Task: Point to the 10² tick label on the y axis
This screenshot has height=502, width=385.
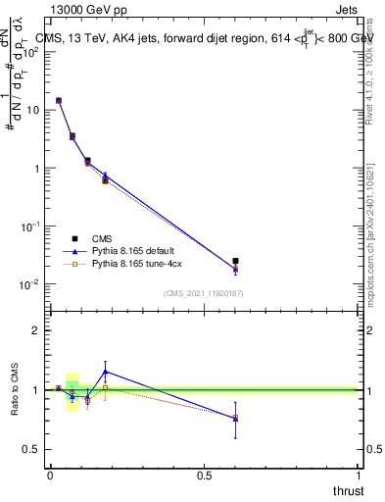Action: (33, 52)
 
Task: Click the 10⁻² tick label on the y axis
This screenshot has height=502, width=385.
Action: (32, 284)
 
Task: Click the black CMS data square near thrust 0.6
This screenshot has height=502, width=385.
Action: (235, 262)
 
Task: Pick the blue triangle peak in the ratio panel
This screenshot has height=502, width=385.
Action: (105, 372)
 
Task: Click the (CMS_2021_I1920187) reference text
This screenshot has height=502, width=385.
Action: (204, 292)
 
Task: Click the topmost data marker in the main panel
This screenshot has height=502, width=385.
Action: (58, 100)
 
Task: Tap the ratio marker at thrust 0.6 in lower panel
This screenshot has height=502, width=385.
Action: (235, 419)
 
